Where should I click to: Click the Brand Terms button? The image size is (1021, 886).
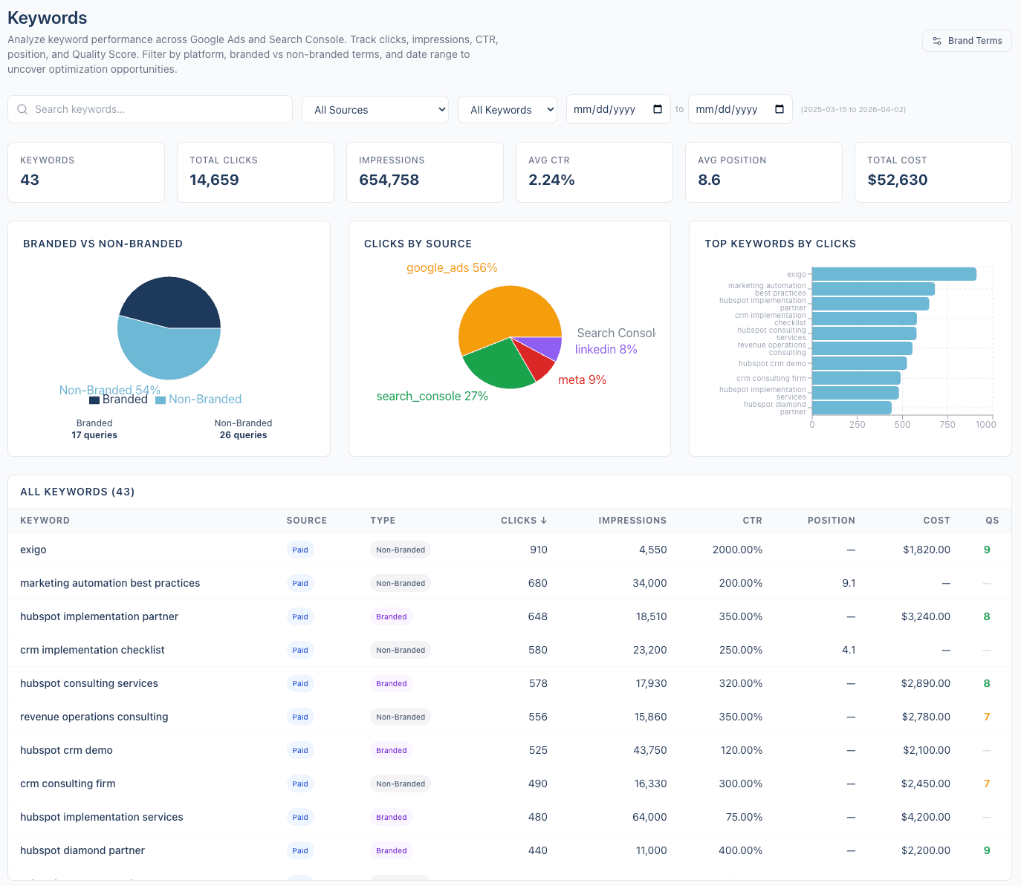[967, 41]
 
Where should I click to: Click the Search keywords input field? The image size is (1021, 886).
[150, 109]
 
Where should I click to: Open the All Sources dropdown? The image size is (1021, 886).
[375, 110]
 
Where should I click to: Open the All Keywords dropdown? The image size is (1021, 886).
[508, 110]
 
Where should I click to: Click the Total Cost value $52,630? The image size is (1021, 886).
[897, 180]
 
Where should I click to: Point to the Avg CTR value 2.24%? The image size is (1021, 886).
[551, 180]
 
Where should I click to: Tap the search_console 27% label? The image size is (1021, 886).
[432, 397]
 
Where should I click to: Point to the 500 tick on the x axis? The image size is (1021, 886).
[902, 425]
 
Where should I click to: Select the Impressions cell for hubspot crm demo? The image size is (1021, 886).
[649, 750]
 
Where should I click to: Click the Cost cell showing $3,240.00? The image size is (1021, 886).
[925, 616]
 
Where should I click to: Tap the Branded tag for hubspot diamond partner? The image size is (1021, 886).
[391, 850]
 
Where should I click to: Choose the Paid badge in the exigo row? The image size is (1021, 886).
[300, 550]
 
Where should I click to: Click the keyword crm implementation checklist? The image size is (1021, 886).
[92, 650]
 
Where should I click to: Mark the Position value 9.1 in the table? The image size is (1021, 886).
[848, 583]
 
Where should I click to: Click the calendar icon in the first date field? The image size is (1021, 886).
[658, 109]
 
